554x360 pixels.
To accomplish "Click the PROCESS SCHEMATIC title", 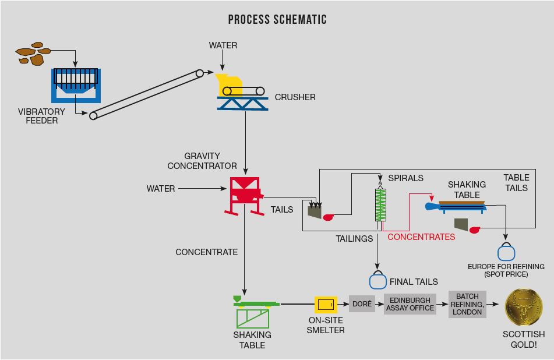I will click(x=277, y=20).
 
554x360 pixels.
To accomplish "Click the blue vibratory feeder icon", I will click(x=76, y=84).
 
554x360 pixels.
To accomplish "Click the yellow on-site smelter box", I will click(x=326, y=304).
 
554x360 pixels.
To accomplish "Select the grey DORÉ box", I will click(x=362, y=304).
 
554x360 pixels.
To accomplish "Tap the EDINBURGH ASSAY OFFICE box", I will click(x=410, y=304).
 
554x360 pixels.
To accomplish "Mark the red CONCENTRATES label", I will click(x=421, y=237).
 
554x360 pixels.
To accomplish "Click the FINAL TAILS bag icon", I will click(x=378, y=280).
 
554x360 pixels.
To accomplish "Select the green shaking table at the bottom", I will click(x=255, y=312).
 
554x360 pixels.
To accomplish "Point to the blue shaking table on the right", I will click(x=457, y=206).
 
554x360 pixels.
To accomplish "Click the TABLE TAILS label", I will click(x=516, y=182).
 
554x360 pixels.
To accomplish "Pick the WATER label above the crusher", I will click(x=223, y=45).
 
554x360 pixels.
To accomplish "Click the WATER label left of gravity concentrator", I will click(x=161, y=189).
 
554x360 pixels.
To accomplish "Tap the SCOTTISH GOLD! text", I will click(x=524, y=339).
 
